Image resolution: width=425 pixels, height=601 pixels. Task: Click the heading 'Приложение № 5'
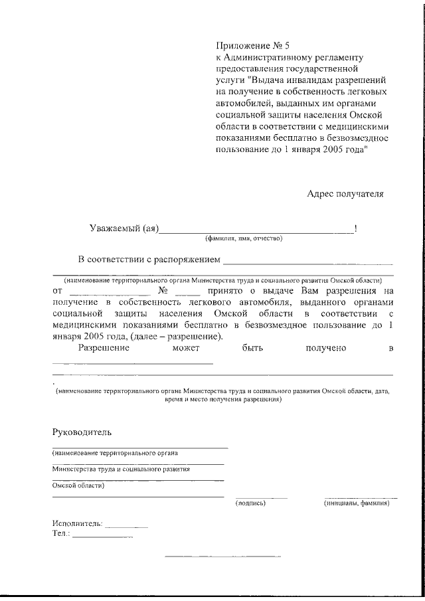(253, 46)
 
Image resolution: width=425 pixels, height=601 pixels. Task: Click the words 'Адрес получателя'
(345, 194)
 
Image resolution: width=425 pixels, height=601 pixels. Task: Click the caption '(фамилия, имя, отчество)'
(244, 239)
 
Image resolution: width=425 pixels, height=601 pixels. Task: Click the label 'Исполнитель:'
(77, 523)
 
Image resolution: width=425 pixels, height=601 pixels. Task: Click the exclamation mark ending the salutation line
(357, 229)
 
